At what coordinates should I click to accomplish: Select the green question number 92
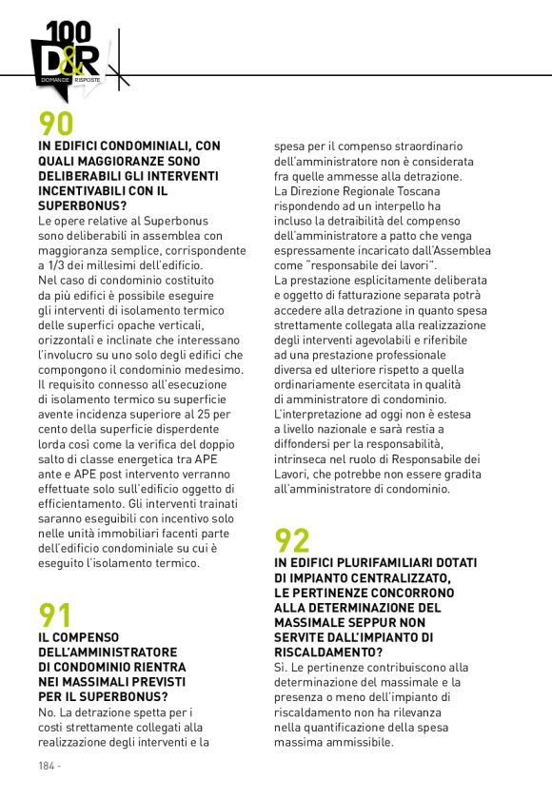(x=292, y=540)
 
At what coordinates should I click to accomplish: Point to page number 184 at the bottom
(x=47, y=766)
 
